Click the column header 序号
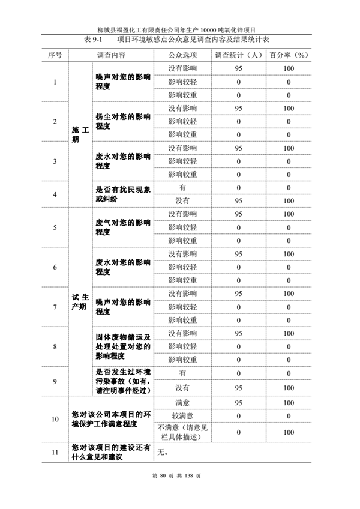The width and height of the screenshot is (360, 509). tap(55, 55)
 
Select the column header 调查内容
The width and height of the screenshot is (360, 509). tap(111, 55)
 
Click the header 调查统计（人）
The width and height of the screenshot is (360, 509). tap(238, 55)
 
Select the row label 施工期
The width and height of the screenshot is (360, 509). tap(79, 134)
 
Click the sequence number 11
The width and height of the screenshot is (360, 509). tap(55, 453)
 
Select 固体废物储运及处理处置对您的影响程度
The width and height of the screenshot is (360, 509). tap(123, 346)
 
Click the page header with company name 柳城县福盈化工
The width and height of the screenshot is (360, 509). tap(181, 29)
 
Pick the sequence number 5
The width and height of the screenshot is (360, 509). tap(55, 227)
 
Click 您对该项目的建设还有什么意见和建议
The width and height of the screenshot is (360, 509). tap(110, 453)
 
